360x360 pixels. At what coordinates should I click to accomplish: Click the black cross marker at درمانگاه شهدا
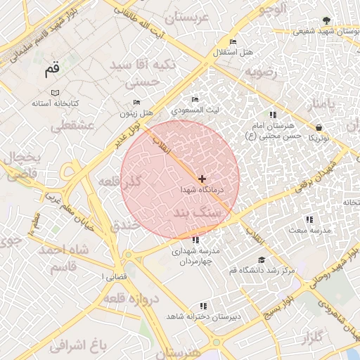(x=202, y=179)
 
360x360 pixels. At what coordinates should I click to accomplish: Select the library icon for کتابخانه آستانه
(x=55, y=92)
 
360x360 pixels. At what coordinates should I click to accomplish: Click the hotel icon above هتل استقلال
(x=233, y=42)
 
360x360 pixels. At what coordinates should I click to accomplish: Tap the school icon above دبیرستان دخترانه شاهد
(x=203, y=306)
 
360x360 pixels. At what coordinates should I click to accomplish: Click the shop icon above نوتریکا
(x=320, y=128)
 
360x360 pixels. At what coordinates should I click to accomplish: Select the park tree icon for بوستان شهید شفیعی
(x=324, y=20)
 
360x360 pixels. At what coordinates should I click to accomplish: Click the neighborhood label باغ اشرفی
(x=77, y=345)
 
